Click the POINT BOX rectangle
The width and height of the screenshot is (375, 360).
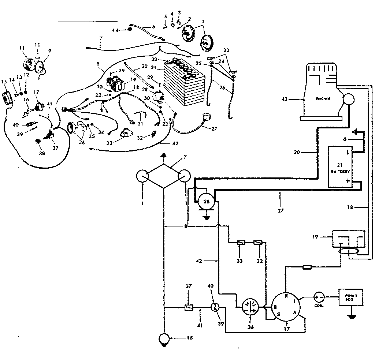(351, 297)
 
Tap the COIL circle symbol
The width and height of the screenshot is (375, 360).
(319, 297)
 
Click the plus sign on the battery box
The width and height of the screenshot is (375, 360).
(348, 181)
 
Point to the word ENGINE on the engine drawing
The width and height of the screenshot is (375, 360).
(322, 99)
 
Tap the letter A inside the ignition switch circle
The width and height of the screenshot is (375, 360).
(294, 312)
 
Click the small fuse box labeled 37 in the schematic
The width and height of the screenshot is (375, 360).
(188, 308)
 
